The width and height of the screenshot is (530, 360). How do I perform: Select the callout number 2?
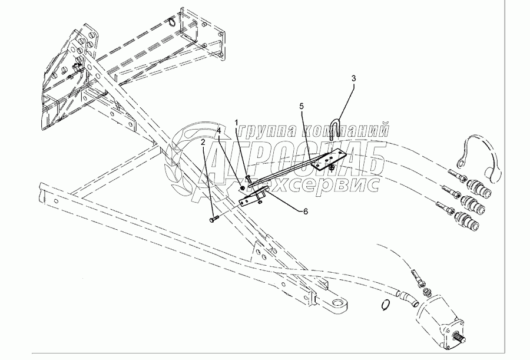(x=203, y=142)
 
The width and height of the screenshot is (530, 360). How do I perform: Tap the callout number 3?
(x=353, y=78)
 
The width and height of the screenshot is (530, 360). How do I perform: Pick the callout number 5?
(x=302, y=106)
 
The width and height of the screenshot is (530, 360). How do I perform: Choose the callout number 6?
(x=305, y=210)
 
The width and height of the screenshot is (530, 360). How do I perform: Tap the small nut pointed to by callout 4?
(x=243, y=187)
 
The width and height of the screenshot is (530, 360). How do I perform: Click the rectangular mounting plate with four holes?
(x=327, y=159)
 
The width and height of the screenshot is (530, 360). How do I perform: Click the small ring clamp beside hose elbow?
(x=385, y=305)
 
